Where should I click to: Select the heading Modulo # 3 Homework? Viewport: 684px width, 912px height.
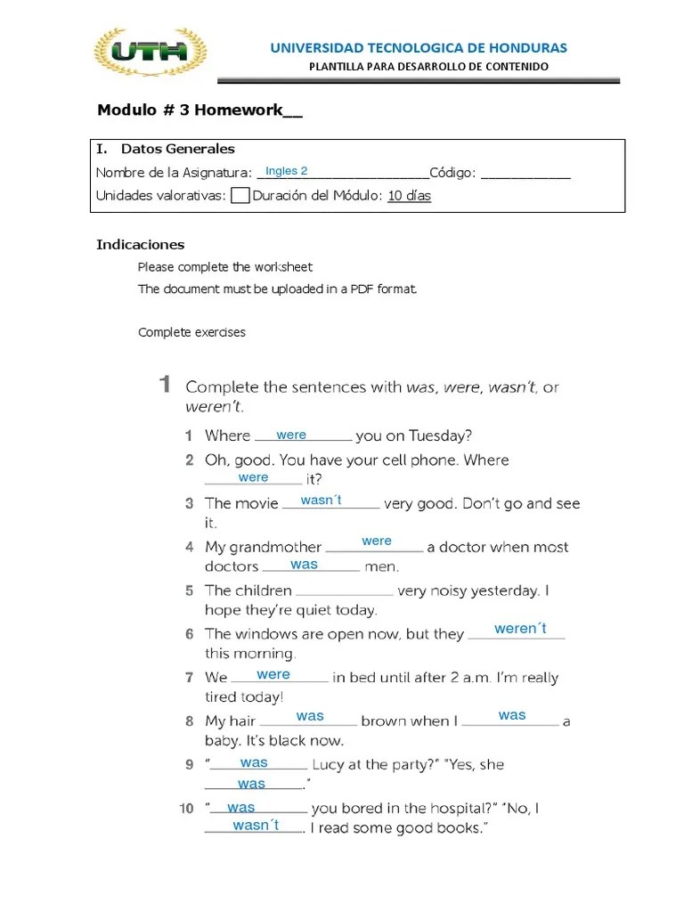pyautogui.click(x=199, y=110)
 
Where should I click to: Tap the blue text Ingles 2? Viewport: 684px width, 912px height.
pyautogui.click(x=287, y=171)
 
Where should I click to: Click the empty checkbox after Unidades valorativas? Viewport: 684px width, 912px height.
pyautogui.click(x=240, y=196)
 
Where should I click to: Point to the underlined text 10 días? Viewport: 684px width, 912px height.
pyautogui.click(x=410, y=196)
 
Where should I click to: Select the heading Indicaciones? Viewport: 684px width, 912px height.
pyautogui.click(x=140, y=244)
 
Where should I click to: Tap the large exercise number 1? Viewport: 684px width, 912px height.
pyautogui.click(x=165, y=385)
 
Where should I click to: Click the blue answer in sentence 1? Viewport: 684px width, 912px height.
pyautogui.click(x=291, y=435)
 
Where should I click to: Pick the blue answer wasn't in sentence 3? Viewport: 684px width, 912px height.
pyautogui.click(x=322, y=501)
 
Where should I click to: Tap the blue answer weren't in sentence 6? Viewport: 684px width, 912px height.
pyautogui.click(x=520, y=629)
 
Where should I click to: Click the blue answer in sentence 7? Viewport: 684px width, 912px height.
pyautogui.click(x=273, y=674)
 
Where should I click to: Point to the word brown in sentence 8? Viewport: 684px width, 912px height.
pyautogui.click(x=383, y=721)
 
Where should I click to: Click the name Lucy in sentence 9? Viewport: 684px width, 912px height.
pyautogui.click(x=329, y=764)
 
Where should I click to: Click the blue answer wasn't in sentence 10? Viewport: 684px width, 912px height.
pyautogui.click(x=256, y=826)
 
